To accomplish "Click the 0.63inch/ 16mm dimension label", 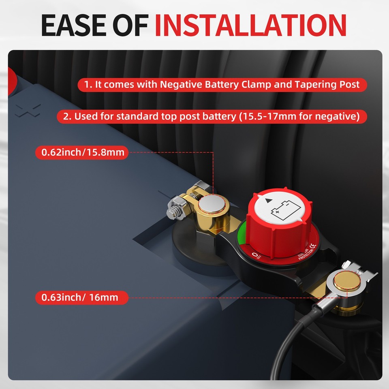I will pos(80,297).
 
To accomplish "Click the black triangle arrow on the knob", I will pos(268,201).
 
